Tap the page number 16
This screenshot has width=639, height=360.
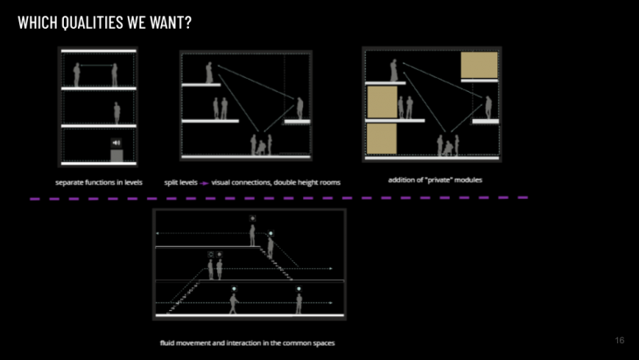click(620, 340)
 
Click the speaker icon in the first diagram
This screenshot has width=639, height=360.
click(116, 143)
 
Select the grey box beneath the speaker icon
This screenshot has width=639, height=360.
click(116, 156)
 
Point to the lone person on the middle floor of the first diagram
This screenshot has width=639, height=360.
click(116, 113)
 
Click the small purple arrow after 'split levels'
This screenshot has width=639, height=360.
click(204, 182)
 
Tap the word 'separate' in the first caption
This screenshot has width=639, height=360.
click(69, 182)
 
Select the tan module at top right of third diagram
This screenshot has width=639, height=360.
click(479, 66)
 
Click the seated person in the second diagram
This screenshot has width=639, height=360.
click(261, 146)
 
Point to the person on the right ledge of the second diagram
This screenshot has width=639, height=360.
click(299, 108)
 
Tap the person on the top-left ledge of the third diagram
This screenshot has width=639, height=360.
click(394, 70)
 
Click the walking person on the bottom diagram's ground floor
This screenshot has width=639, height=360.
click(233, 302)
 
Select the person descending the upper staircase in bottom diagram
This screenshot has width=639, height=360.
click(271, 246)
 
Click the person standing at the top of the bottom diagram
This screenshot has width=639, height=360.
click(252, 235)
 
